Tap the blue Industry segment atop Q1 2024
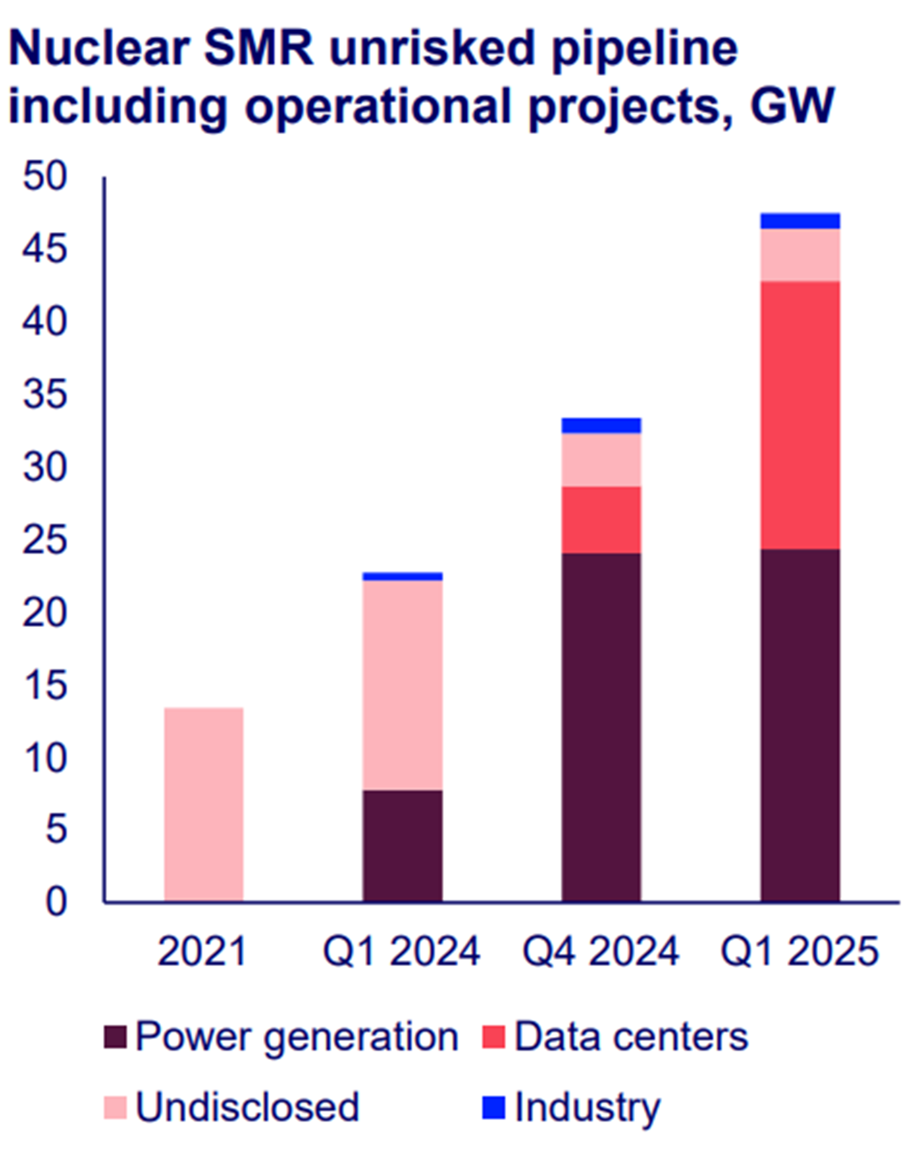[x=402, y=577]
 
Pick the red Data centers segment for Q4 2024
[x=601, y=519]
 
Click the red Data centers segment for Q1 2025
[x=800, y=415]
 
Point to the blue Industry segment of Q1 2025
[x=800, y=221]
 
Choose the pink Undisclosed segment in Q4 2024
[x=601, y=460]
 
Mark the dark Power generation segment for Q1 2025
[x=800, y=725]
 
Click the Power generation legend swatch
[x=115, y=1037]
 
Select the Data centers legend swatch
[x=493, y=1037]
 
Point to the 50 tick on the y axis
[x=45, y=178]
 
